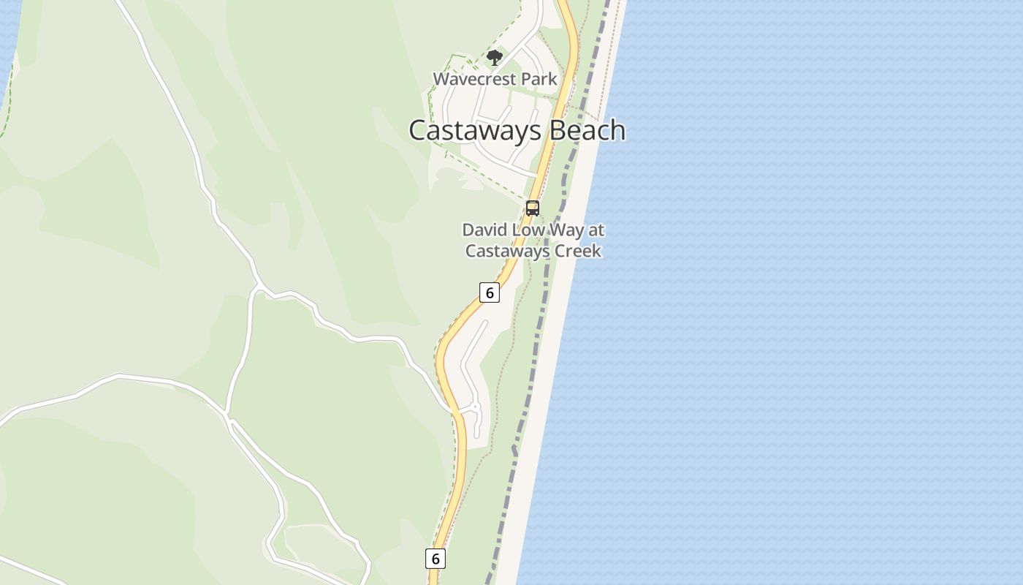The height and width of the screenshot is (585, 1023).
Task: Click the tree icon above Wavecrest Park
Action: tap(495, 57)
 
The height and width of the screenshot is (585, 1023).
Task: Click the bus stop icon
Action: tap(533, 208)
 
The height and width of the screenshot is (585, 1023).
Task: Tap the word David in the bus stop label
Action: tap(484, 230)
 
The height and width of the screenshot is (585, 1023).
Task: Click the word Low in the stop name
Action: tap(525, 230)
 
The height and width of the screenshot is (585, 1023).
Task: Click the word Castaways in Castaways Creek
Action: tap(506, 251)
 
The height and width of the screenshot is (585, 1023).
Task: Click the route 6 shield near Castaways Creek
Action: tap(490, 292)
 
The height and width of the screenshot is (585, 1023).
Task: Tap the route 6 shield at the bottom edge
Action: tap(435, 559)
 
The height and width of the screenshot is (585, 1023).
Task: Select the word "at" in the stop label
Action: tap(597, 230)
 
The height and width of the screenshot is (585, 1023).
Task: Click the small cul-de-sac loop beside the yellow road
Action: tap(474, 407)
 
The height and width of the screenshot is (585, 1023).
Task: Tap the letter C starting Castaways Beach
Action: tap(418, 130)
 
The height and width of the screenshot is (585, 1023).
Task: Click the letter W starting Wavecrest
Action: tap(441, 79)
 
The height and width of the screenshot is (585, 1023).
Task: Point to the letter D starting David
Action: tap(468, 230)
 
